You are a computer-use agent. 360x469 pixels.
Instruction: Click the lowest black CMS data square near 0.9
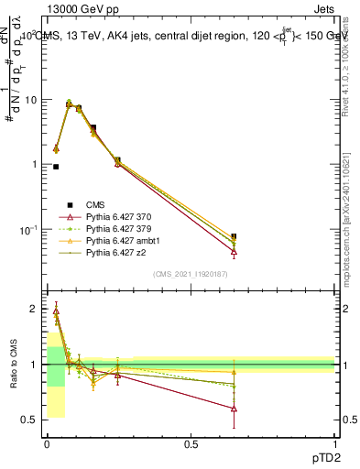point(56,167)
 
